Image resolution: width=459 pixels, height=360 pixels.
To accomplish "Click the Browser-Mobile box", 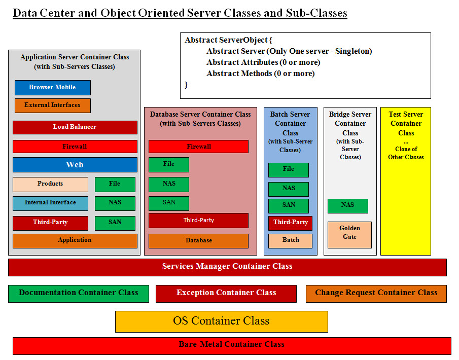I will (52, 88).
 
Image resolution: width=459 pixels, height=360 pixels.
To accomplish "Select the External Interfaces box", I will (52, 105).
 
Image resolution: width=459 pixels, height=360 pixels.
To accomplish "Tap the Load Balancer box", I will (75, 127).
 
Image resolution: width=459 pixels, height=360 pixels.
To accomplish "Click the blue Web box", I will (75, 165).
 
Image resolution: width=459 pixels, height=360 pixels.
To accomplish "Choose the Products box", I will (50, 184).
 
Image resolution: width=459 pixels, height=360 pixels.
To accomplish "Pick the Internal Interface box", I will (50, 203).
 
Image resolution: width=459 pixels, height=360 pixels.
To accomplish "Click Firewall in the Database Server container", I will (198, 147).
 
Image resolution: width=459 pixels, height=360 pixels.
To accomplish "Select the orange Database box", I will (198, 241).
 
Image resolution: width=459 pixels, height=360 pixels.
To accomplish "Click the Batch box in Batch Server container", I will (290, 240).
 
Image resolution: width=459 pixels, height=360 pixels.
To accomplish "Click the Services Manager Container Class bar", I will (227, 267).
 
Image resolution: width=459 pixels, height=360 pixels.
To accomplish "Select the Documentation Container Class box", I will (78, 293).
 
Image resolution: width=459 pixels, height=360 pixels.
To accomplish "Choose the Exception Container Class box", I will (226, 293).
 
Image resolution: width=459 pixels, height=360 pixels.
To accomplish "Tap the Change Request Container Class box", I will (376, 293).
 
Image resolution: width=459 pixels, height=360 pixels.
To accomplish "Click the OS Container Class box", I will (221, 321).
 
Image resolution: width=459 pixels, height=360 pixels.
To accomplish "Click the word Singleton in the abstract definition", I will (354, 51).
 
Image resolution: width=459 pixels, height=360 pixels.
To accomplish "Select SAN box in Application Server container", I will (115, 223).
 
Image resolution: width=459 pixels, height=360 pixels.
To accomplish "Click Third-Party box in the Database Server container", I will (198, 221).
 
